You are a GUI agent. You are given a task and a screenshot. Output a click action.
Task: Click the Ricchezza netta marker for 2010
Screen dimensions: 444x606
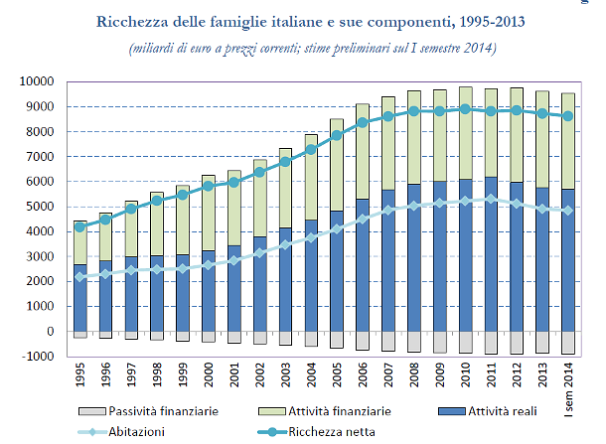(x=466, y=108)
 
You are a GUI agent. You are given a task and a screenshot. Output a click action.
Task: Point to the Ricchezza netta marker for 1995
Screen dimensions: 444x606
(x=79, y=226)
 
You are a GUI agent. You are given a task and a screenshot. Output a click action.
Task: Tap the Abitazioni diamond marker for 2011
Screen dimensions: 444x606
(x=492, y=199)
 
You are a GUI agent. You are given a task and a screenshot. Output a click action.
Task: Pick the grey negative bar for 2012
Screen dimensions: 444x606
(x=518, y=343)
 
